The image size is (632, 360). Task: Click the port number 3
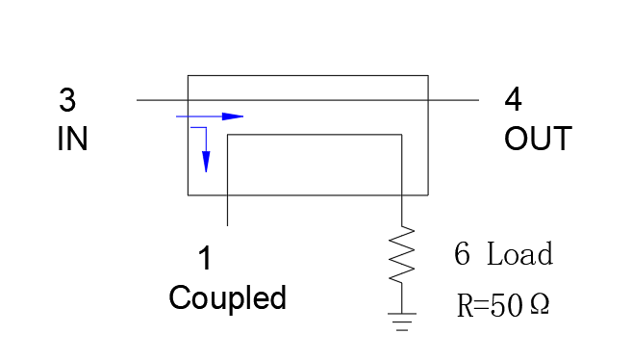pyautogui.click(x=67, y=100)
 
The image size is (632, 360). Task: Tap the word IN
pyautogui.click(x=72, y=139)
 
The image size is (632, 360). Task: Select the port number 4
pyautogui.click(x=513, y=99)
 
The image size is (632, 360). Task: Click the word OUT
pyautogui.click(x=538, y=139)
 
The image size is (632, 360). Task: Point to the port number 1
pyautogui.click(x=205, y=258)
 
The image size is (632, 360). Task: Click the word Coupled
pyautogui.click(x=228, y=298)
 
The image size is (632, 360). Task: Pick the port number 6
pyautogui.click(x=462, y=253)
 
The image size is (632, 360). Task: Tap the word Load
pyautogui.click(x=520, y=253)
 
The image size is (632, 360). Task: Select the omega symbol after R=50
pyautogui.click(x=540, y=304)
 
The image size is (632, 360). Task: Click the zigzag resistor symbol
pyautogui.click(x=402, y=254)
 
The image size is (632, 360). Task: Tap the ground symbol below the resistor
pyautogui.click(x=402, y=321)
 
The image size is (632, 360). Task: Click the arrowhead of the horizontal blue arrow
pyautogui.click(x=233, y=116)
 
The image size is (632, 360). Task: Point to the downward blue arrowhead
pyautogui.click(x=206, y=162)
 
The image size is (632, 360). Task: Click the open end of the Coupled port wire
pyautogui.click(x=228, y=225)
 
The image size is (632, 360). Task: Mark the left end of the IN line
pyautogui.click(x=137, y=100)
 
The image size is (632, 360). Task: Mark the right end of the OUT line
pyautogui.click(x=479, y=100)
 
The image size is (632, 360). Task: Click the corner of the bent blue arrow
pyautogui.click(x=206, y=127)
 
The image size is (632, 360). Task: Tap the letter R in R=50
pyautogui.click(x=465, y=305)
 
